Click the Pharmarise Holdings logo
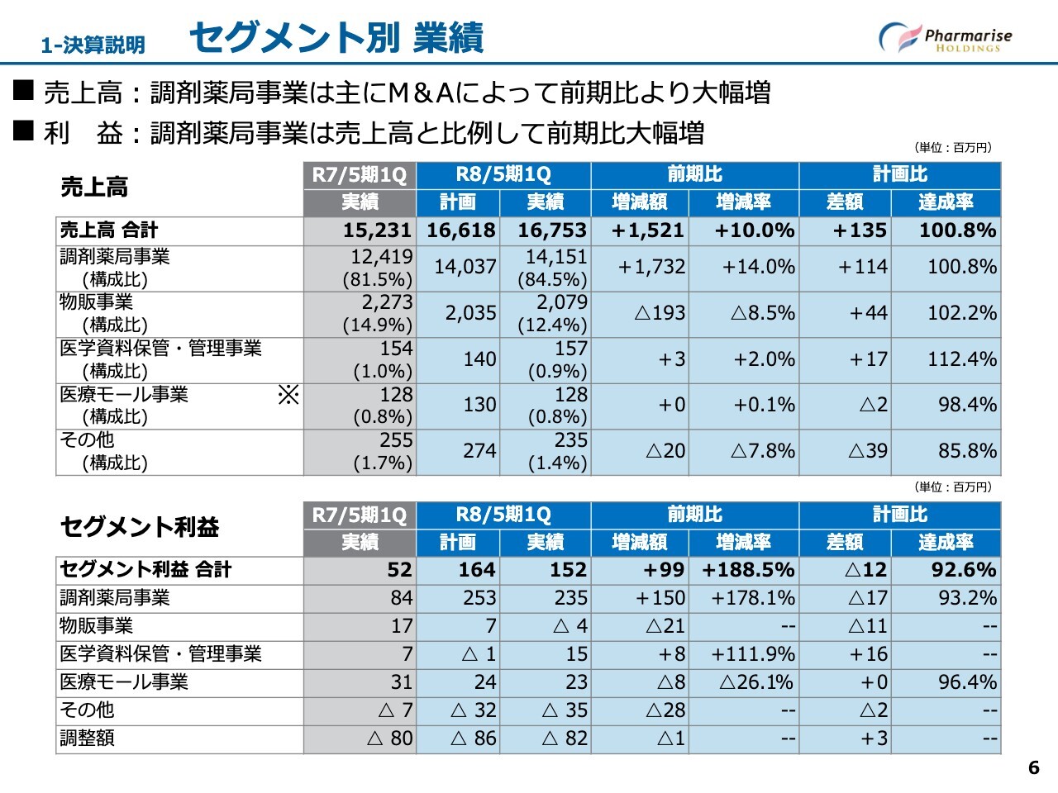tap(945, 37)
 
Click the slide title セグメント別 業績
tap(336, 38)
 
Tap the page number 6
tap(1033, 767)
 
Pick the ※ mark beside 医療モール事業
tap(288, 395)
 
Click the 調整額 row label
tap(87, 738)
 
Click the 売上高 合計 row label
tap(108, 230)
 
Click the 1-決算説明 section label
tap(93, 45)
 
